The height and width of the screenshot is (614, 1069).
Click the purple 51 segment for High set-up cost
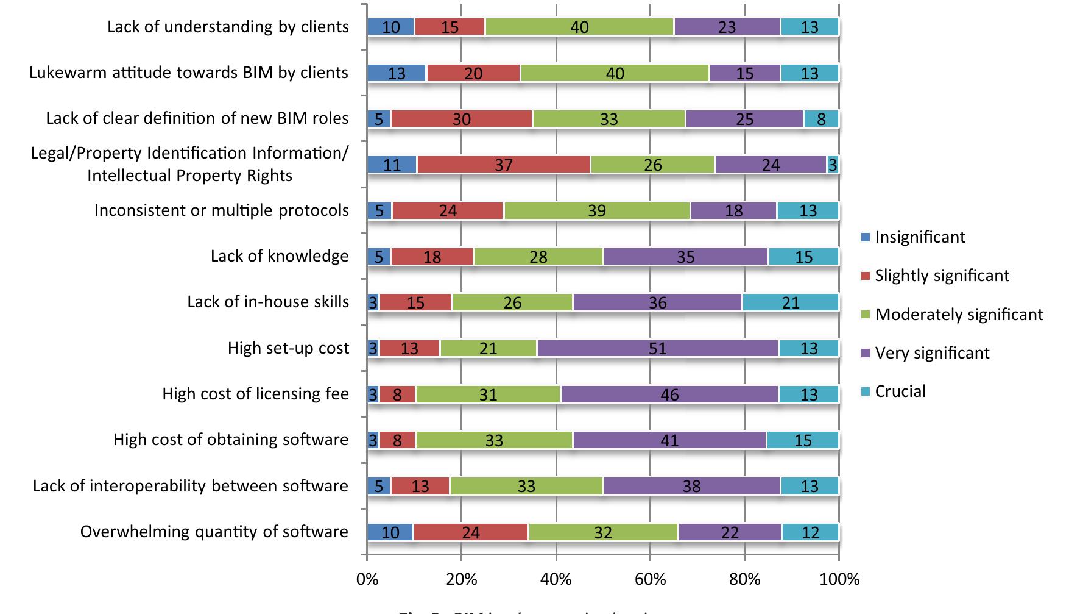(657, 349)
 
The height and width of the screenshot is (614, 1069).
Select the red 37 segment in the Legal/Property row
(504, 165)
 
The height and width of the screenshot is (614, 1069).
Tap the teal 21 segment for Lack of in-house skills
(790, 302)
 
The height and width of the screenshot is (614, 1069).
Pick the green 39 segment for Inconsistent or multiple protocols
(597, 211)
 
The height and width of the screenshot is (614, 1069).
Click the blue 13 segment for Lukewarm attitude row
(397, 73)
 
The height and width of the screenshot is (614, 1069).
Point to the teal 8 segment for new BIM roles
(821, 119)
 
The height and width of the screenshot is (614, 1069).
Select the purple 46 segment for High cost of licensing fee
(669, 394)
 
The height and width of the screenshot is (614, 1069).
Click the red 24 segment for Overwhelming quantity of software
(470, 532)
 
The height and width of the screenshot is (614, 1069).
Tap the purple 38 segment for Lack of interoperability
(691, 486)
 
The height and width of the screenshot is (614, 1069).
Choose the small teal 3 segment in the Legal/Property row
(832, 165)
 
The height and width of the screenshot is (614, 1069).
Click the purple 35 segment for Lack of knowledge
(685, 257)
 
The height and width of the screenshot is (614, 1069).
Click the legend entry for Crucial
(900, 391)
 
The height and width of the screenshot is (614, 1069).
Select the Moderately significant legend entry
(958, 315)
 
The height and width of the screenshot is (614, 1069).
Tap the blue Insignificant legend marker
(866, 238)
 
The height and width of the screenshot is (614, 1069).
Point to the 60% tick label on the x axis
(650, 579)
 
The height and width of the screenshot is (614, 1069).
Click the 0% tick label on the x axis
(367, 579)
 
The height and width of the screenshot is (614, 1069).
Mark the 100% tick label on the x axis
(839, 579)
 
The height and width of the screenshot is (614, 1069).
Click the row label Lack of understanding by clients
(228, 27)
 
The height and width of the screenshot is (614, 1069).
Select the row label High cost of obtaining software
(231, 440)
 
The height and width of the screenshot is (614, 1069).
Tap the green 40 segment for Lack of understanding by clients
(579, 27)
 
